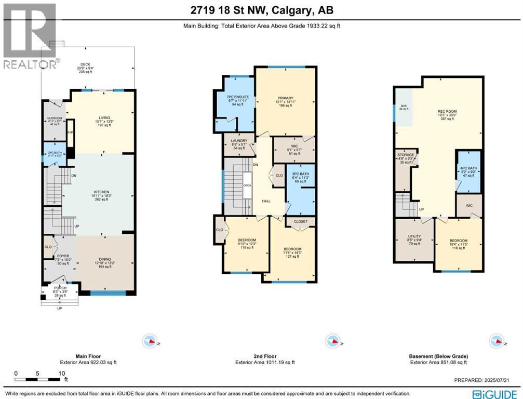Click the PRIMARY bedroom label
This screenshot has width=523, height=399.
click(x=285, y=98)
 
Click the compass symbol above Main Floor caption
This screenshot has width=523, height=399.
click(x=150, y=341)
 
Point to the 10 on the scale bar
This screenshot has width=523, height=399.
click(x=62, y=373)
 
